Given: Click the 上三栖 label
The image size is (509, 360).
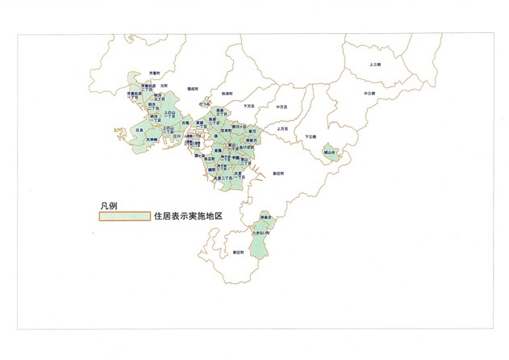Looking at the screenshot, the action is point(375,64).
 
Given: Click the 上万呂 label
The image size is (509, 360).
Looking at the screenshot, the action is point(283,128).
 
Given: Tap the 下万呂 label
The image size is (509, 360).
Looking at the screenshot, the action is point(248,106).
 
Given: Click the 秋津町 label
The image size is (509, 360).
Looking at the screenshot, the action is point(227,94).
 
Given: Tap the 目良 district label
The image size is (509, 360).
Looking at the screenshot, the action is point(140,129).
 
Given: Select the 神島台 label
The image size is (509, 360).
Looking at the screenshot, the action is point(263,218).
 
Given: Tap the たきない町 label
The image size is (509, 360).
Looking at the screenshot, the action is point(260,231).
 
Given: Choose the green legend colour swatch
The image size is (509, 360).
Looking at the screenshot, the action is point(119,217).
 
